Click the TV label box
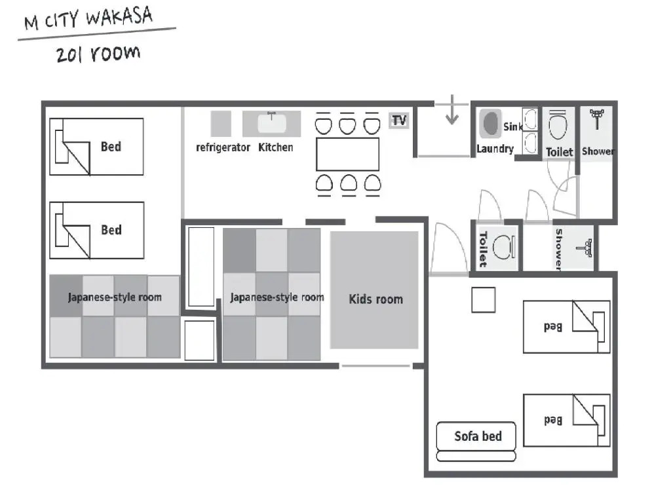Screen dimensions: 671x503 [x=398, y=121]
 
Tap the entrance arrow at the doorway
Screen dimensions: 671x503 [x=452, y=110]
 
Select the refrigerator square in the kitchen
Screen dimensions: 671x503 [x=221, y=124]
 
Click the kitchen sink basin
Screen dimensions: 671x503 [x=271, y=123]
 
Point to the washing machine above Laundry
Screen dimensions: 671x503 [x=490, y=124]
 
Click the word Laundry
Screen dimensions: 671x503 [x=495, y=149]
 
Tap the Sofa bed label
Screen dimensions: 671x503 [x=478, y=436]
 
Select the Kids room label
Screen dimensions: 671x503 [x=375, y=299]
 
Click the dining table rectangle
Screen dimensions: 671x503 [x=347, y=155]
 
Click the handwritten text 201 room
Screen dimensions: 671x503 [x=98, y=54]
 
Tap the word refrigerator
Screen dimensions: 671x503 [x=223, y=147]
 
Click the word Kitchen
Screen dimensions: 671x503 [x=276, y=147]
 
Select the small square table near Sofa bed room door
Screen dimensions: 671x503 [x=484, y=300]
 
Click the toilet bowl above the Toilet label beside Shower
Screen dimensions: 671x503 [x=558, y=126]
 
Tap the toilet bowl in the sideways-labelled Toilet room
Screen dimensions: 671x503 [x=504, y=247]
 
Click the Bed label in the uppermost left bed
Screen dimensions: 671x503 [x=111, y=147]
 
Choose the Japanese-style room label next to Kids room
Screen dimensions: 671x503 [x=277, y=297]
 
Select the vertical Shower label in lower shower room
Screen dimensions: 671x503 [x=559, y=250]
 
